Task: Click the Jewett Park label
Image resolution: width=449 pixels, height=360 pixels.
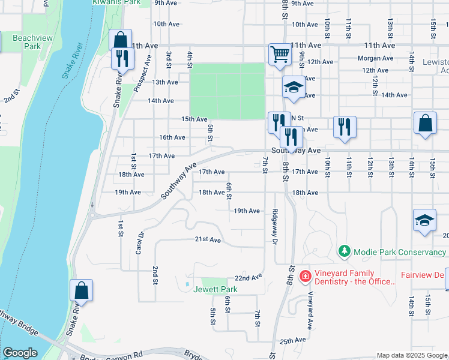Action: pyautogui.click(x=215, y=289)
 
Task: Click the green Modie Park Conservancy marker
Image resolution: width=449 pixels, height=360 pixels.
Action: pyautogui.click(x=344, y=251)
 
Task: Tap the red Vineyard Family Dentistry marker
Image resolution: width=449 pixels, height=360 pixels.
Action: pyautogui.click(x=305, y=275)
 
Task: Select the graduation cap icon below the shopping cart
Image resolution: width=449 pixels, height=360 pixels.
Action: pyautogui.click(x=294, y=88)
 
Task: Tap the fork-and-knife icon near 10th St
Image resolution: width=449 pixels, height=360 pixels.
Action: pyautogui.click(x=344, y=127)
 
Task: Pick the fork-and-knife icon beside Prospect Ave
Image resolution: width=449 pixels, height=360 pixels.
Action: pyautogui.click(x=122, y=59)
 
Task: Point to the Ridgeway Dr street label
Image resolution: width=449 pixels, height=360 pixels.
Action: pyautogui.click(x=275, y=226)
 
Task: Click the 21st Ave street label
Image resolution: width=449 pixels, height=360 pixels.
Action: pyautogui.click(x=208, y=239)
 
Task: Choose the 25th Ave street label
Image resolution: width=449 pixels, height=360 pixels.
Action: pyautogui.click(x=292, y=341)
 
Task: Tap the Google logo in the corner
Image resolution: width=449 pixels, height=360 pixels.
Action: pyautogui.click(x=20, y=353)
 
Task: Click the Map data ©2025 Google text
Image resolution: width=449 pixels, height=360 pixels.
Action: pyautogui.click(x=411, y=355)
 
